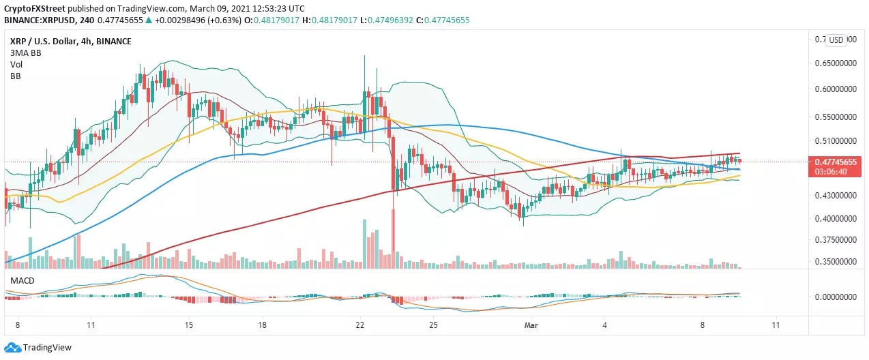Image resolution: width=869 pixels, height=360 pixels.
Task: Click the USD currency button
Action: [836, 40]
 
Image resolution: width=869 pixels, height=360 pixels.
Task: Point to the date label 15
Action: [189, 326]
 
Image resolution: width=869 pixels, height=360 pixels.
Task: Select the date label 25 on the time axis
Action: [443, 326]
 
